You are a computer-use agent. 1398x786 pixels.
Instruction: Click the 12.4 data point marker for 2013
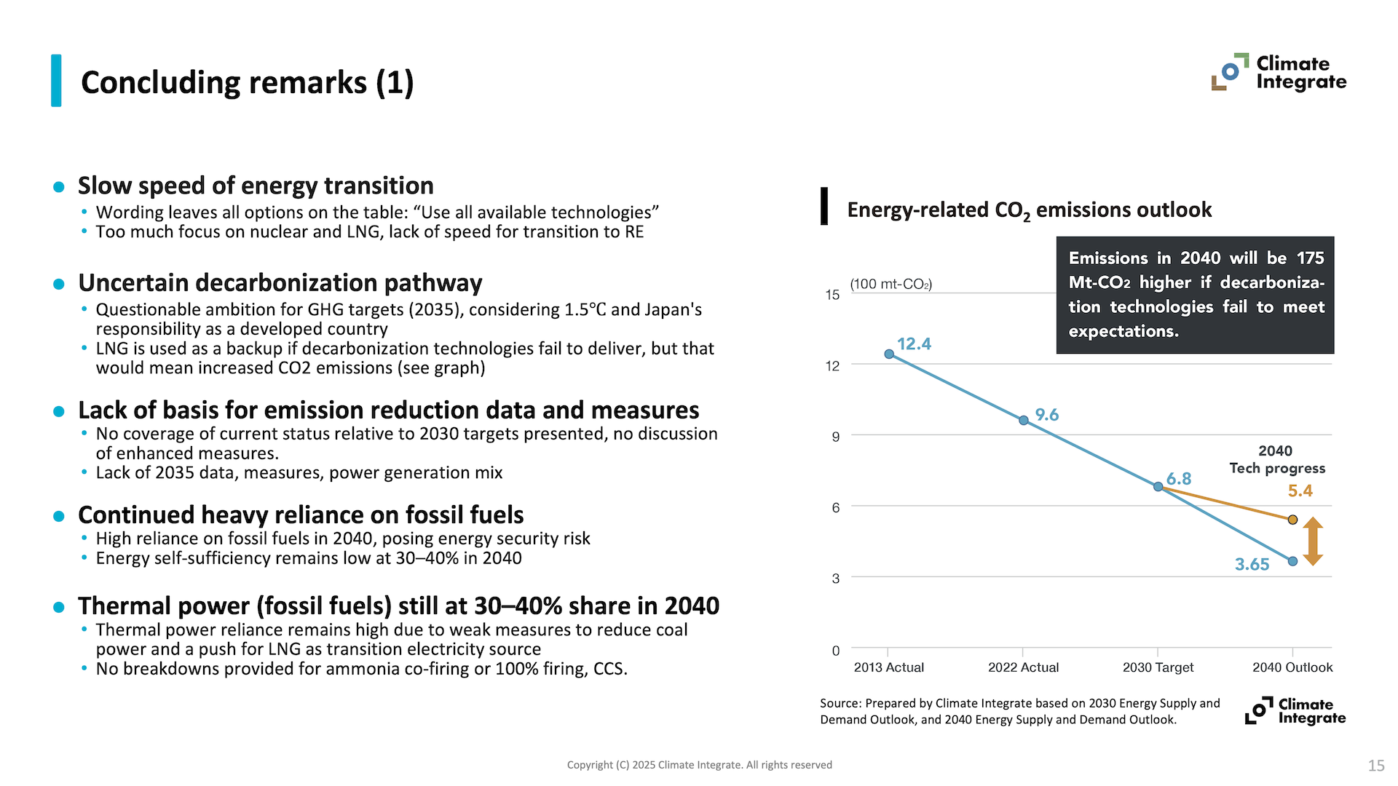889,354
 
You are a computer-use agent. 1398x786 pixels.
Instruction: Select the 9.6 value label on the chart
1047,415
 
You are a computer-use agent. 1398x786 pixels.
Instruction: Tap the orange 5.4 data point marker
1292,520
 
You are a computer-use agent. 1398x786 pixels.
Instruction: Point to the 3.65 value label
1252,565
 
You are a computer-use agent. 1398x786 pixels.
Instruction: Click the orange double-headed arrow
1313,541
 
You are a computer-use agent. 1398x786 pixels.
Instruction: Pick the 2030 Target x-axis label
1158,667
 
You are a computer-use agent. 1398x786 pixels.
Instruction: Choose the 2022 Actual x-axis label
1023,667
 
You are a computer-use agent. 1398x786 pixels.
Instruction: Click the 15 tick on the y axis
832,295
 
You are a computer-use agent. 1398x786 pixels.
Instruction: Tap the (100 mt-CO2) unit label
890,284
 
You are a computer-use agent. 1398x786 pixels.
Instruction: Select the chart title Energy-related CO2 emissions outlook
1029,210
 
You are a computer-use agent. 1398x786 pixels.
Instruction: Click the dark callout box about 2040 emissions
1195,295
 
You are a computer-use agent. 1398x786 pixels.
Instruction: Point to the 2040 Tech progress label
1277,460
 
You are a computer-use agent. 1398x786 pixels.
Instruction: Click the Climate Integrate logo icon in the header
1230,71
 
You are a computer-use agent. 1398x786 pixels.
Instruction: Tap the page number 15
1375,766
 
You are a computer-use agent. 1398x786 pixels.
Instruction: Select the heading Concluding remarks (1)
248,82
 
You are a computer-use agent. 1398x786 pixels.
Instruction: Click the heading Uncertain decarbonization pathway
280,282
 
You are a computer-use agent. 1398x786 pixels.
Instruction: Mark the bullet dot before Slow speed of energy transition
59,187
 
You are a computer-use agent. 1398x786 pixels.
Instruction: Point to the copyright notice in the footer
699,765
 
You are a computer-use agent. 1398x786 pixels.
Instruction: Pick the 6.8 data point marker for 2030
1158,486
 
